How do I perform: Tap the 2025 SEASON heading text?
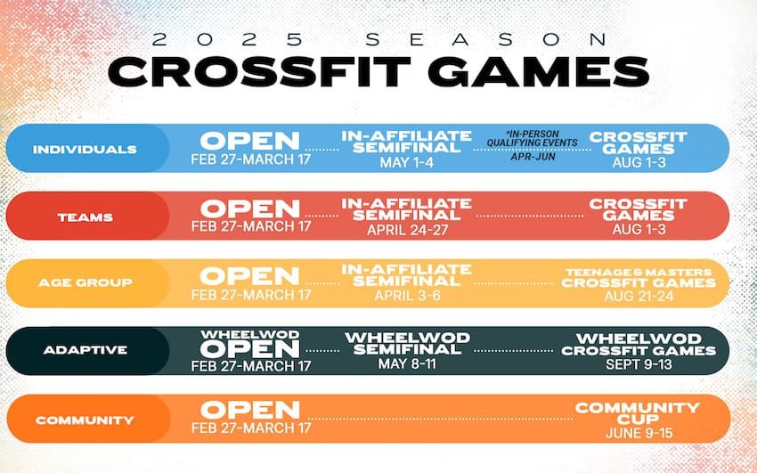coord(378,38)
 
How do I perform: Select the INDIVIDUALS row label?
coord(85,149)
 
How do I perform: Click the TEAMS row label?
coord(85,216)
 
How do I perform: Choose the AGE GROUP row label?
coord(85,282)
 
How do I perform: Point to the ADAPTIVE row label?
coord(85,350)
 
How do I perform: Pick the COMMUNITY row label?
coord(85,419)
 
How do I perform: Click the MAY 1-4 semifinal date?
coord(406,164)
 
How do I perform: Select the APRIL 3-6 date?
coord(406,296)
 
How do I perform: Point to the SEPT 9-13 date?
coord(638,363)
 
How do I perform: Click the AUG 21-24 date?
coord(638,296)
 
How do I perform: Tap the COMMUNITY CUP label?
coord(638,412)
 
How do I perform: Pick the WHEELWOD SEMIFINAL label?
coord(406,344)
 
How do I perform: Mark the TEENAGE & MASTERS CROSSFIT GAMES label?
coord(638,277)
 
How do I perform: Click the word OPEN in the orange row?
coord(250,410)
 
